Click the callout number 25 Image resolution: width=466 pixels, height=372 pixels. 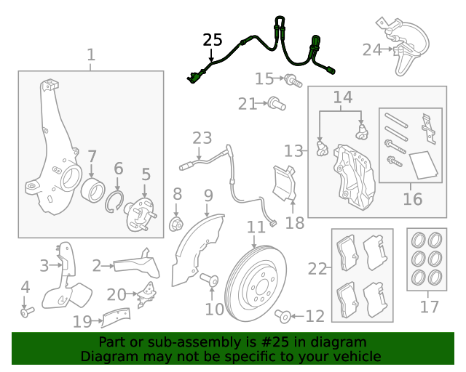(x=212, y=40)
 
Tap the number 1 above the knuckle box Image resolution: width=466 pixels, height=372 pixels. (x=91, y=54)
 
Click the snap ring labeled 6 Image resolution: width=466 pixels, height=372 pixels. (x=116, y=201)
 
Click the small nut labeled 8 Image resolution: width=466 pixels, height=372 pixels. (x=176, y=223)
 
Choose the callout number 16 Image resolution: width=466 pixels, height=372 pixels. (x=412, y=198)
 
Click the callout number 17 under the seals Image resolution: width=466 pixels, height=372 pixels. (x=429, y=307)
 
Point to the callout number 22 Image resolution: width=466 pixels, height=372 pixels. (x=317, y=269)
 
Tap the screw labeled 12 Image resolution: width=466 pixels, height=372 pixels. (x=285, y=315)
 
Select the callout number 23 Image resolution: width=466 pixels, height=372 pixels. (x=202, y=137)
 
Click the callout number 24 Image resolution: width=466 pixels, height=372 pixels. (x=372, y=49)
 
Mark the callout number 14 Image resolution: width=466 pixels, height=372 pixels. (x=342, y=97)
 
